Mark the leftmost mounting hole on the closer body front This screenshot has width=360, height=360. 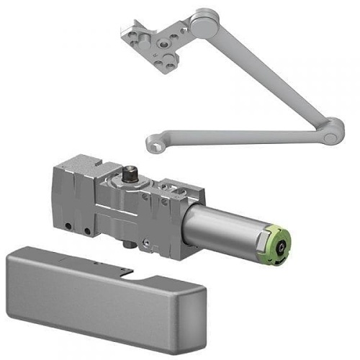[68, 227]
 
